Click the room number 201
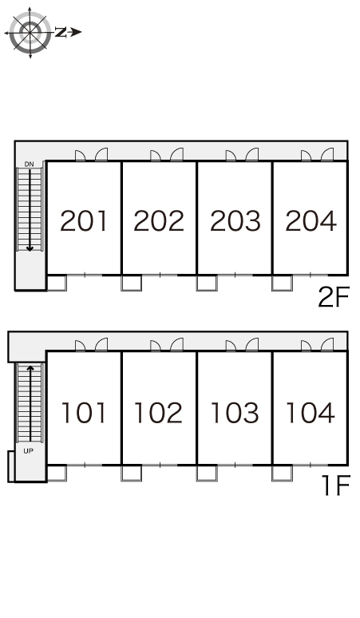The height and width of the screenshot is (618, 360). coord(84,220)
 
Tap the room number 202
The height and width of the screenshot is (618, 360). coord(159,220)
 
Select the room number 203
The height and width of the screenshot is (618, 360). coord(235,220)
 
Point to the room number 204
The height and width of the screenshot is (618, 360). coord(311,220)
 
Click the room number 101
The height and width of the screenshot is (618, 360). coord(84,413)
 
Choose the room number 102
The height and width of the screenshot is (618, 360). coord(158,413)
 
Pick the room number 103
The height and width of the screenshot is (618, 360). coord(235,413)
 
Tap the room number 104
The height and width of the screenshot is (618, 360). coord(311,413)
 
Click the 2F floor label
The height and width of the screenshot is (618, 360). coord(334,297)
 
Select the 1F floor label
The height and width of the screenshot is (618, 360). coord(336,485)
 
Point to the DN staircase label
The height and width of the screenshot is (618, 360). coord(30,164)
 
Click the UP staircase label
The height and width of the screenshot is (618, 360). coord(29,451)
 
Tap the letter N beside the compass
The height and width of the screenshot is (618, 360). coord(60,32)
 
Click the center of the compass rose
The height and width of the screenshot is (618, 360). coord(30,32)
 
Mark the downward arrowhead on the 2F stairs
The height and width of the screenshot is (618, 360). coord(30,248)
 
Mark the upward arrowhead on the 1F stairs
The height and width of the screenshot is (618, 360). coord(30,369)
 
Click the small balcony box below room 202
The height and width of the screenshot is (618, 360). coord(132,283)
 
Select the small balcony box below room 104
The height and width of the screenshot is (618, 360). coord(282,473)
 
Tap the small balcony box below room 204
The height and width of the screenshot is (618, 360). coord(282,283)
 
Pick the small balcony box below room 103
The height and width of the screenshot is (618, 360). coord(207,473)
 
